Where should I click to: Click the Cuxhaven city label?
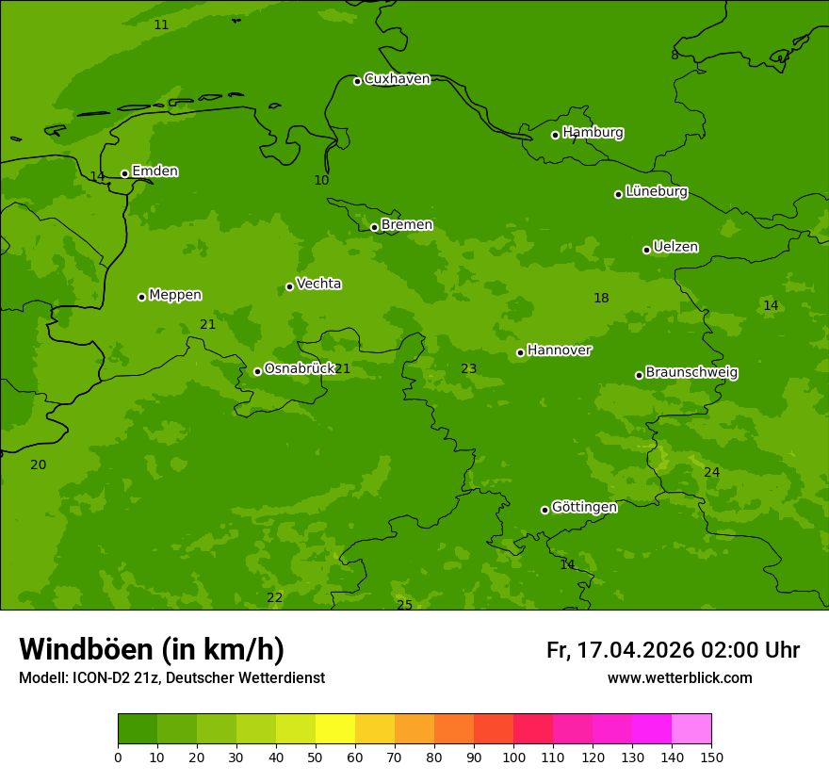397,79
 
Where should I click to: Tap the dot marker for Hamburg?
556,135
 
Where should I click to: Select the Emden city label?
154,171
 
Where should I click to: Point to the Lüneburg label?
656,191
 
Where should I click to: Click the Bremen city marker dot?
374,227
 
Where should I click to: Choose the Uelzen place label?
675,247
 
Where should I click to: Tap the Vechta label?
318,284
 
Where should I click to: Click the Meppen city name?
175,295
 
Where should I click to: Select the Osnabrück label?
300,368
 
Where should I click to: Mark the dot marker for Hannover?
520,352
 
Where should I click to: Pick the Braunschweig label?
691,373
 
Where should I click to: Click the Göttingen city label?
584,507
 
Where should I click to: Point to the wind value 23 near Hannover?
468,369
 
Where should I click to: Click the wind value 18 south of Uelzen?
601,299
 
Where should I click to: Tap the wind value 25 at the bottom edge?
404,605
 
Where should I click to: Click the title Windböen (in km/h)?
152,650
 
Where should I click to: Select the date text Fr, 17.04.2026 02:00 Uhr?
673,650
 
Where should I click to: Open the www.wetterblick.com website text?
679,678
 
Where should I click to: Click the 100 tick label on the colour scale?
513,757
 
